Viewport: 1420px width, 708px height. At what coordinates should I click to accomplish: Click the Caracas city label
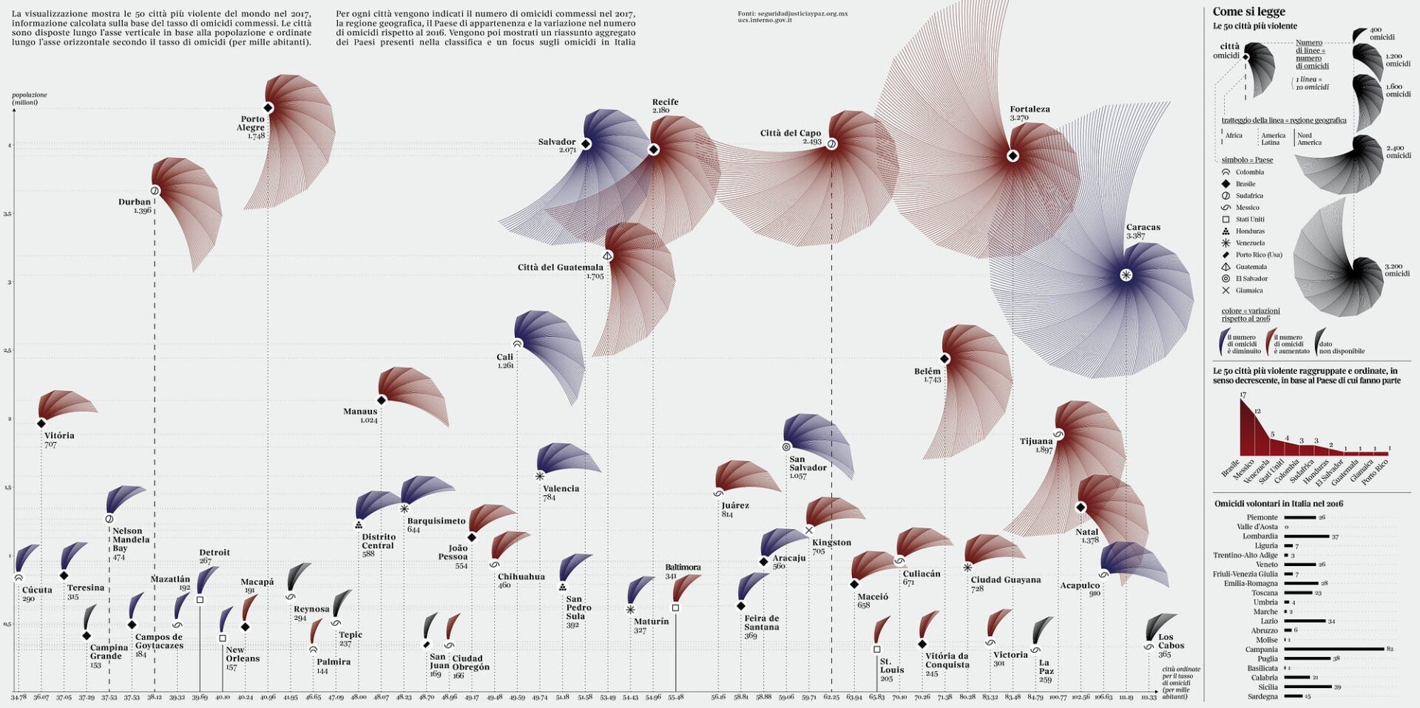pos(1143,228)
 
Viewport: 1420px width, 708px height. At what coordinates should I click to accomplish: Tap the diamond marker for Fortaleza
pos(1013,156)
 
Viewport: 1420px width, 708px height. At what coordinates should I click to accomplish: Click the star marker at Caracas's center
pos(1126,275)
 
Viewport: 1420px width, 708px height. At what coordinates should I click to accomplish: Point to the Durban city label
pos(135,202)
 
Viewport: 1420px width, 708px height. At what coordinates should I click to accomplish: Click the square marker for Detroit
pos(200,600)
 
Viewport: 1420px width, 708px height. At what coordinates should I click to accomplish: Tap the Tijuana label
pos(1036,441)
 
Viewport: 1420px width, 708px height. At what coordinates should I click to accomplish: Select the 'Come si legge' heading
pos(1248,12)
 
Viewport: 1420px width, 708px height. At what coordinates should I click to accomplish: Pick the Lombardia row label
pos(1260,537)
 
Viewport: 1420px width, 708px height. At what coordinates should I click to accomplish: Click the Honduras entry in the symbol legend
pos(1250,231)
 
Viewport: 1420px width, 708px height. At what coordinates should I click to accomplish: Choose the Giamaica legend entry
pos(1249,290)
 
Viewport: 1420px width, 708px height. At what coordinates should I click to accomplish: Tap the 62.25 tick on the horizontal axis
pos(831,697)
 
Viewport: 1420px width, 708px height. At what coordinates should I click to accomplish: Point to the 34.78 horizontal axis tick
pos(18,697)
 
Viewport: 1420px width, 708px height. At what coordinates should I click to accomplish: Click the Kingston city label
pos(831,542)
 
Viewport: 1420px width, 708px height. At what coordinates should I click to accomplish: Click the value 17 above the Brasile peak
pos(1242,395)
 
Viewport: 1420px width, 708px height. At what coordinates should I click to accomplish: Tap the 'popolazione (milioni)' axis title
pos(30,98)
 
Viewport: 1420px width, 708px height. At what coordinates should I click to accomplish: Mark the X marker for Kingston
pos(809,530)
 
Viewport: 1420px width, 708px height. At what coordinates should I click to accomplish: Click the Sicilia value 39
pos(1337,687)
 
